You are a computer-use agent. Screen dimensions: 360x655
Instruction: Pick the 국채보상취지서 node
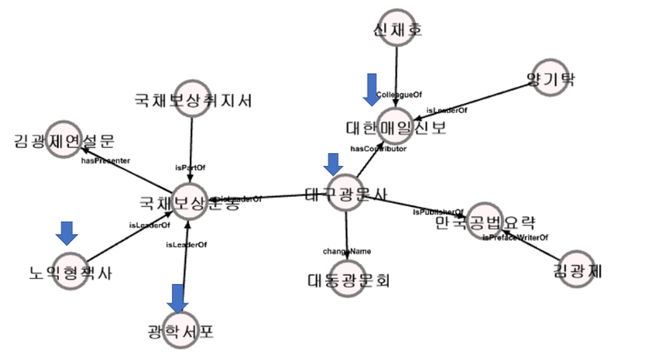point(192,101)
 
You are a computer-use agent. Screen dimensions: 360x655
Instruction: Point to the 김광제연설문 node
point(65,140)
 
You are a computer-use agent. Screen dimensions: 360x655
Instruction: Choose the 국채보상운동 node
point(190,201)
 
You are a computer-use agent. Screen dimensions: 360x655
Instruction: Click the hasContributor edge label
point(378,149)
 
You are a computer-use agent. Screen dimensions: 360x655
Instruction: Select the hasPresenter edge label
point(106,161)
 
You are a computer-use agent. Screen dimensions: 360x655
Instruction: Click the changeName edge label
point(347,250)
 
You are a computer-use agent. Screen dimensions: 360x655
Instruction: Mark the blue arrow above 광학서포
point(178,296)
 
